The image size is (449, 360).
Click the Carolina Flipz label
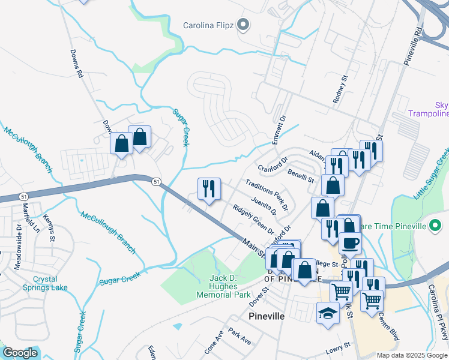(x=208, y=26)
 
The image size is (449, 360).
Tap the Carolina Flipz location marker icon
(x=243, y=25)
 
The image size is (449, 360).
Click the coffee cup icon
(x=350, y=243)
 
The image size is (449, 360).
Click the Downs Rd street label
(x=76, y=64)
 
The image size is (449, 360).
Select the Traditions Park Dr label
(x=266, y=194)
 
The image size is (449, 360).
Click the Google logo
(x=20, y=353)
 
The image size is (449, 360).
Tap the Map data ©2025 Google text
(x=412, y=355)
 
